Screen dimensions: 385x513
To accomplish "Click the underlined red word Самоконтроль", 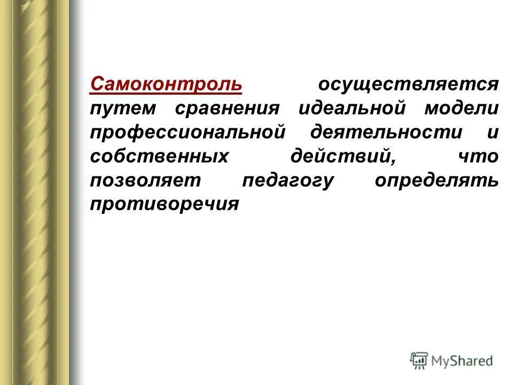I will [x=166, y=84].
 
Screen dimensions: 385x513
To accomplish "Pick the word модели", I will [x=462, y=109].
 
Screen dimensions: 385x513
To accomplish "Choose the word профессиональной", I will [x=186, y=132].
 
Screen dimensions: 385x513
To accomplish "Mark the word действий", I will [x=341, y=156].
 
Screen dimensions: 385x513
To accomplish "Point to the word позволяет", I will [x=145, y=180].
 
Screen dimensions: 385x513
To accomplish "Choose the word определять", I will [x=437, y=180].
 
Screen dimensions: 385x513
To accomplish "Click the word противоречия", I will [x=164, y=205].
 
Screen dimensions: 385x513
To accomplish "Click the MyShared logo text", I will [x=462, y=361].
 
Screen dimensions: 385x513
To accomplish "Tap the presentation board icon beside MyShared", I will [x=419, y=361].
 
